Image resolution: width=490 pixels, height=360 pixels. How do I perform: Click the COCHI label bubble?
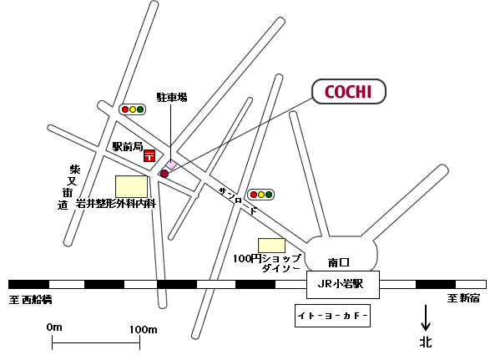(349, 91)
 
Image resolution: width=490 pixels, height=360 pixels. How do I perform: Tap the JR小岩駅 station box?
(343, 285)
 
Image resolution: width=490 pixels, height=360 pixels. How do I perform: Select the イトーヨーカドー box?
(332, 316)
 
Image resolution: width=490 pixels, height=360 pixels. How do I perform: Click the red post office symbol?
(149, 155)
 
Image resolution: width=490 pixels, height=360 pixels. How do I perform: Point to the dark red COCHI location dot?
(164, 174)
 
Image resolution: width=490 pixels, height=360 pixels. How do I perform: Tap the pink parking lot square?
(171, 165)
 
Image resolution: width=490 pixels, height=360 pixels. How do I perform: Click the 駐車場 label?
(172, 97)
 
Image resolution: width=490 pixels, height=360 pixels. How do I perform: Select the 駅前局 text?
(128, 146)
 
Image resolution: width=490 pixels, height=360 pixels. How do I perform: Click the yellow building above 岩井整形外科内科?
(131, 186)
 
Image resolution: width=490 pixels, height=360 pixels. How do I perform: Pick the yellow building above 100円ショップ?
(271, 246)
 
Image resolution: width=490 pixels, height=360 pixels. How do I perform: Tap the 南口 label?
(338, 262)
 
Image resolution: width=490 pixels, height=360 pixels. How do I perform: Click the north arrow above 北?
(426, 317)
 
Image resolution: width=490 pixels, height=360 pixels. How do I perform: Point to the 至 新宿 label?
(463, 298)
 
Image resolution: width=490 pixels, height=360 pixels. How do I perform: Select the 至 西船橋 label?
(30, 300)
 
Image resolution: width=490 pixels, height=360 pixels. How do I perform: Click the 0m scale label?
(54, 327)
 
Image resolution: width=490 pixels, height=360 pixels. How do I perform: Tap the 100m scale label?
(144, 329)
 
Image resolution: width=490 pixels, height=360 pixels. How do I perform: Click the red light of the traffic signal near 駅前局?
(125, 109)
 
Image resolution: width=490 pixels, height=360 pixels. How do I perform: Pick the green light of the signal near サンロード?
(269, 195)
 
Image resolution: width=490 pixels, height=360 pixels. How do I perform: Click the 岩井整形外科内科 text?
(116, 204)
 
